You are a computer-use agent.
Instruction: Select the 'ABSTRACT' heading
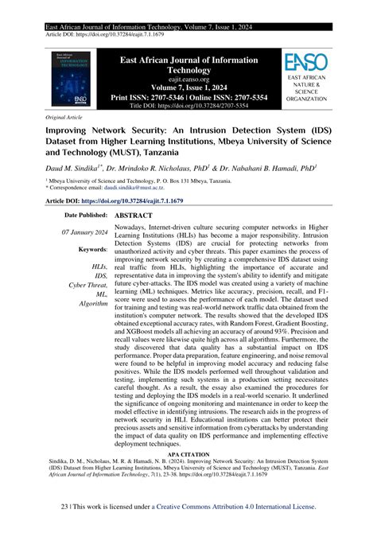(134, 216)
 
